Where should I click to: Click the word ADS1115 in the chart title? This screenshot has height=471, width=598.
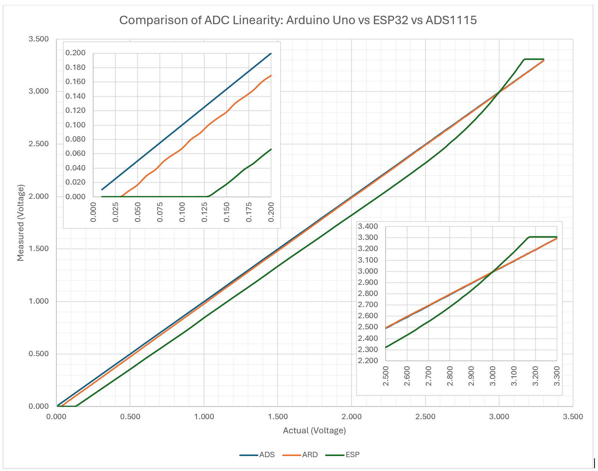coord(451,20)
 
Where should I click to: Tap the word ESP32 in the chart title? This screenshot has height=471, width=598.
coord(391,20)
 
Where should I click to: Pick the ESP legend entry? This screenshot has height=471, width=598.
coord(343,455)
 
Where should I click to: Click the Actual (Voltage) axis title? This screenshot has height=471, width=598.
coord(314,430)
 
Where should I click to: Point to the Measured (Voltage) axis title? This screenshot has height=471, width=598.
coord(20,223)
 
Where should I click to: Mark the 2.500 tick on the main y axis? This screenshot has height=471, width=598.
coord(39,144)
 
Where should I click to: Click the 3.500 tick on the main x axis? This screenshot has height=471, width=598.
coord(573,417)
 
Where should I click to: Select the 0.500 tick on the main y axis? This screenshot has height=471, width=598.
coord(39,354)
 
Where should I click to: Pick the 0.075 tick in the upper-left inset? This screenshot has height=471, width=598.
coord(160,212)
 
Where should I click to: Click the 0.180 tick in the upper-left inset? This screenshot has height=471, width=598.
coord(76,68)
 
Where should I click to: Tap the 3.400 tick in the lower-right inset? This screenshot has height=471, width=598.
coord(368,226)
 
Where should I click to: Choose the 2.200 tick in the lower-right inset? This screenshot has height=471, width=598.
coord(368,361)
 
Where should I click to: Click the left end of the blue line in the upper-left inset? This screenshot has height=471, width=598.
coord(102,190)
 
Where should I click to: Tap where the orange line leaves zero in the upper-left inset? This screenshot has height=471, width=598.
coord(121,196)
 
